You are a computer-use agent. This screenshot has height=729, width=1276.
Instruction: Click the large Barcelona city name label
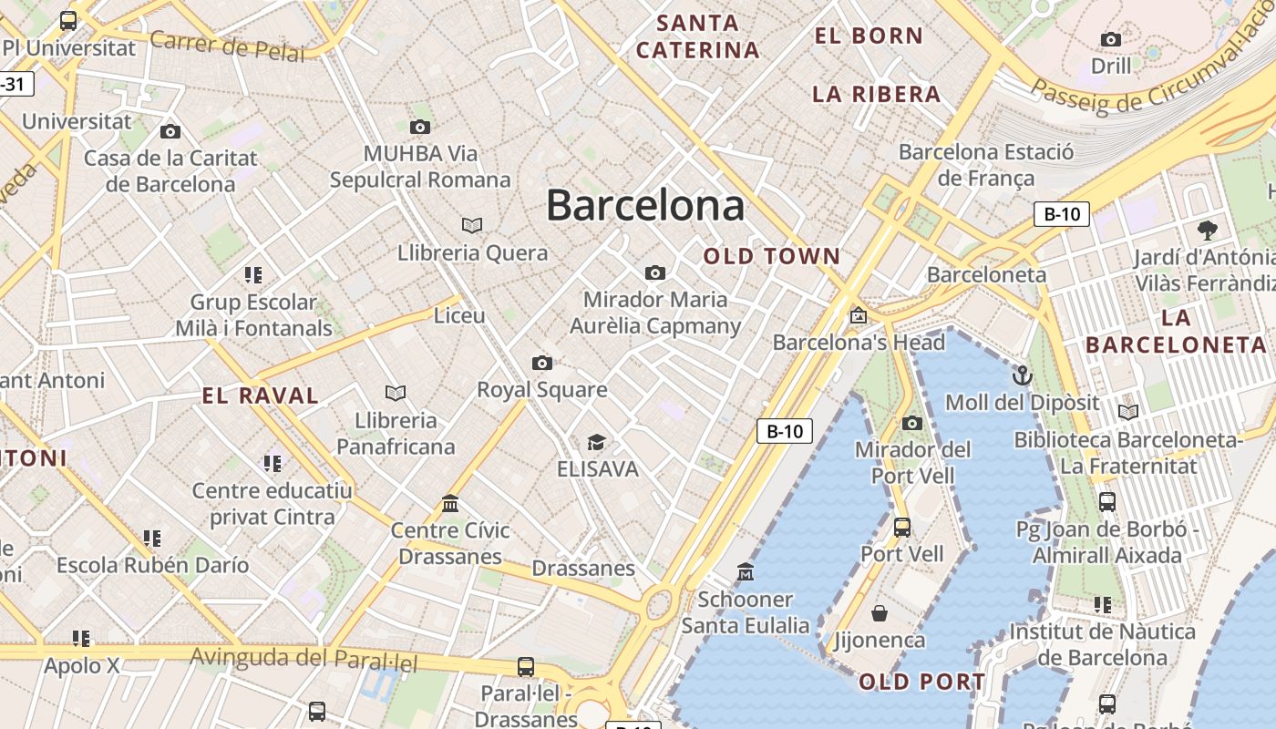[x=645, y=206]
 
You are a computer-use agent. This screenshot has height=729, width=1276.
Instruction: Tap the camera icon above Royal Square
[x=542, y=363]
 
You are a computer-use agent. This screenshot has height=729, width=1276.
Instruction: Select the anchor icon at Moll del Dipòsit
[x=1022, y=375]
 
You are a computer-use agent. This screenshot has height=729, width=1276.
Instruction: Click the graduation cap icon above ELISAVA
[x=596, y=442]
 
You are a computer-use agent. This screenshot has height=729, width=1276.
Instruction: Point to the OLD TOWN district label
[x=771, y=257]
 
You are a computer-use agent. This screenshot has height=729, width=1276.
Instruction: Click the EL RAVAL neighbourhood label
[x=261, y=395]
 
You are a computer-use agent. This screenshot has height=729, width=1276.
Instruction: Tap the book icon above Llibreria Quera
[x=472, y=225]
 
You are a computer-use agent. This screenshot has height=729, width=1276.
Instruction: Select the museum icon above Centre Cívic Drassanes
[x=450, y=503]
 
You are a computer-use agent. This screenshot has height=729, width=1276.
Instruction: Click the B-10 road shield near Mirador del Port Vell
[x=784, y=431]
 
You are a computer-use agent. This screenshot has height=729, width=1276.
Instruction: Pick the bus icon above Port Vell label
[x=902, y=527]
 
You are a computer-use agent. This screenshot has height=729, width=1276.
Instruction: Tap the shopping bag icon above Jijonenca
[x=880, y=612]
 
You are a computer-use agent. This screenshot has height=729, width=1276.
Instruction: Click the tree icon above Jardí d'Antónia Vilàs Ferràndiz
[x=1208, y=230]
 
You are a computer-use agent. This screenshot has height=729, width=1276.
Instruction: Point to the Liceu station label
[x=459, y=315]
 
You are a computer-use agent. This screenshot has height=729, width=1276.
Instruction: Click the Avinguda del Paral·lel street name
[x=304, y=658]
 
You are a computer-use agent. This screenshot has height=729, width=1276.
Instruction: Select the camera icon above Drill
[x=1110, y=39]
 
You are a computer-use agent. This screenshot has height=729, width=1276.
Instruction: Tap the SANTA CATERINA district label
[x=698, y=36]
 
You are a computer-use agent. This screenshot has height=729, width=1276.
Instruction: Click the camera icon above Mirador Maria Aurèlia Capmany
[x=654, y=272]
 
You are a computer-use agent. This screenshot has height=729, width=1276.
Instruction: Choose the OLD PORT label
[x=921, y=682]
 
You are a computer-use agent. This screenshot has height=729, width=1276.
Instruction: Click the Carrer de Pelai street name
[x=227, y=46]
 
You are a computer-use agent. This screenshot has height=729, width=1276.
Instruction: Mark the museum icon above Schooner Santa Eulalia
[x=746, y=571]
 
